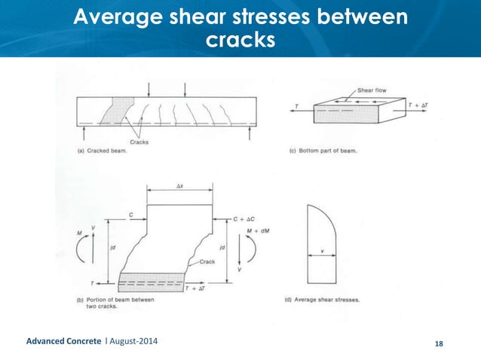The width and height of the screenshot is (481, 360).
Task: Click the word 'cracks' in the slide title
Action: point(240,39)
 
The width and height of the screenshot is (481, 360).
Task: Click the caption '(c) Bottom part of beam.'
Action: point(323,151)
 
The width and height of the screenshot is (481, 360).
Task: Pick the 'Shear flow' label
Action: point(372,90)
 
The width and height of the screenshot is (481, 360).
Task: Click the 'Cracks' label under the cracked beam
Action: point(139,140)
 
